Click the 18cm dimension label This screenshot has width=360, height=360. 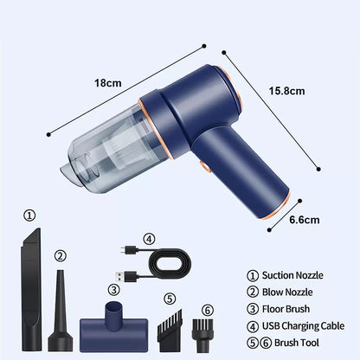[108, 83]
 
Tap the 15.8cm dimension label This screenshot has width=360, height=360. [286, 91]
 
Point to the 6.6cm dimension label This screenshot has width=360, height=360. [305, 220]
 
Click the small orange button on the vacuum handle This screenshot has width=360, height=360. [205, 167]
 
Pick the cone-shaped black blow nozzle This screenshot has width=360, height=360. [60, 312]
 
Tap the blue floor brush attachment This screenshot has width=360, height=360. [113, 327]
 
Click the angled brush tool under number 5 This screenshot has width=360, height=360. [170, 331]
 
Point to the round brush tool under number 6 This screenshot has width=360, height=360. [202, 335]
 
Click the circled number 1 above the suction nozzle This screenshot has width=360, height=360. [29, 215]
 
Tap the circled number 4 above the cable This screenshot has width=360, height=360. [149, 239]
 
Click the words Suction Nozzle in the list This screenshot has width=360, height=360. [292, 275]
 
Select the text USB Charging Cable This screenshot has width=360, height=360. [303, 326]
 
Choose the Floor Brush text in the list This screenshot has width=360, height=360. [286, 309]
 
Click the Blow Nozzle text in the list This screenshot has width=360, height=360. [287, 292]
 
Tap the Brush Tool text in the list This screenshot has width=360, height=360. [297, 343]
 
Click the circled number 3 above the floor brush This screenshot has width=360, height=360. [114, 289]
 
